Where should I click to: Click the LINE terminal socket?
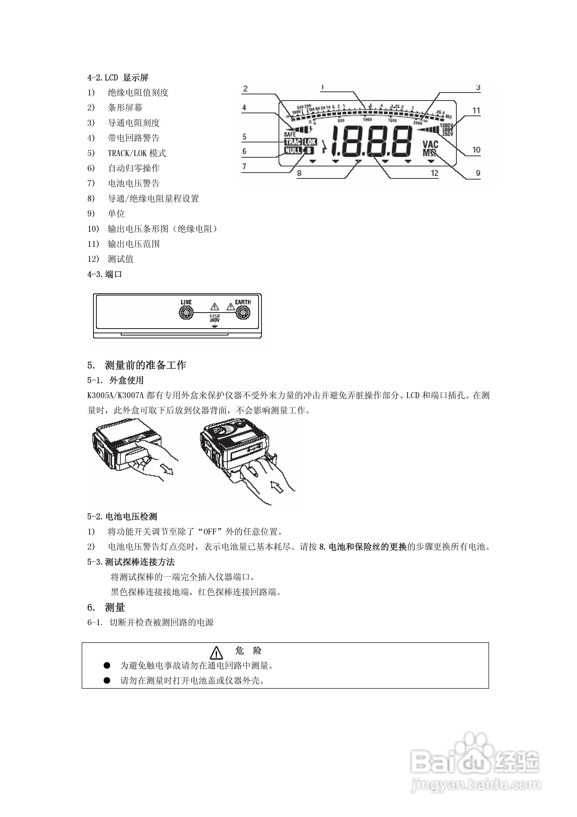186,313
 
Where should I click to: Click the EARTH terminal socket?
243,313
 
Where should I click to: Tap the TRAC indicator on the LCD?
293,142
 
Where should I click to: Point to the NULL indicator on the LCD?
293,150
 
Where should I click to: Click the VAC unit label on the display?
430,144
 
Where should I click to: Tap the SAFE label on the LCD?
289,134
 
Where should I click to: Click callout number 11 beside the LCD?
476,111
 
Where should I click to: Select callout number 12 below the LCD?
434,173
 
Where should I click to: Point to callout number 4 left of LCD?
244,107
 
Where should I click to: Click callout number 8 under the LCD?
299,173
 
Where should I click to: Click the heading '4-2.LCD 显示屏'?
118,78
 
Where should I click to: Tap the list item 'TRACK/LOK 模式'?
137,153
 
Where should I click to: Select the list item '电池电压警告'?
134,183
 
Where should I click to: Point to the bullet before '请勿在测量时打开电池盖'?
107,680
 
